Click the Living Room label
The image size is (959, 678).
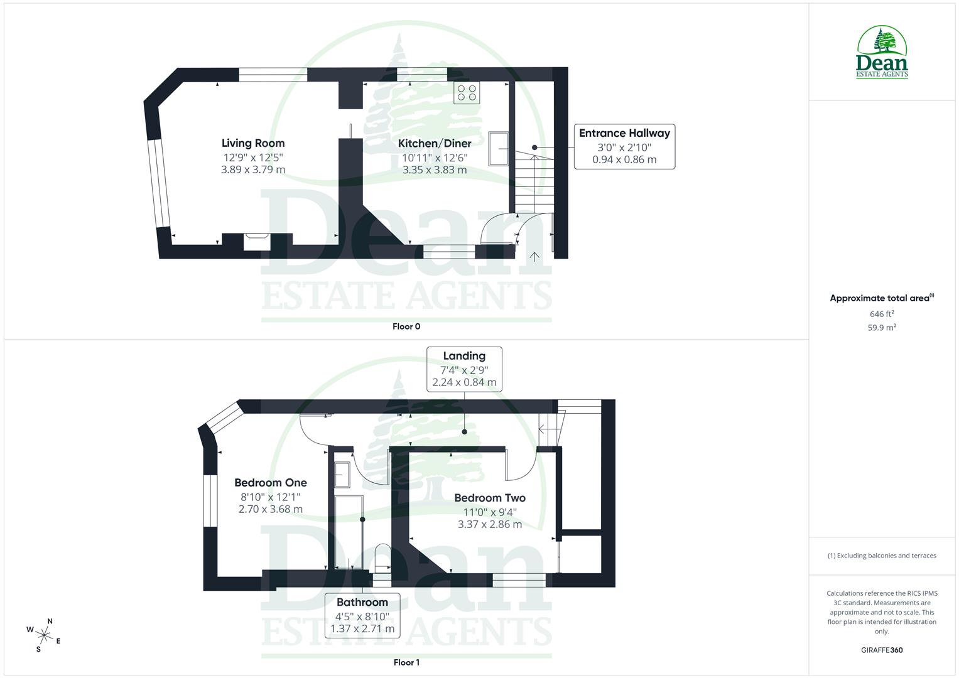click(x=253, y=143)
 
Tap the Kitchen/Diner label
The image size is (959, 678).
click(x=435, y=143)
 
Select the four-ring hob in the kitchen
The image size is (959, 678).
click(x=467, y=93)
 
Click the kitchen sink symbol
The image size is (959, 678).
click(x=499, y=148)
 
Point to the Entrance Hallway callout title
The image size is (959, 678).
click(x=624, y=133)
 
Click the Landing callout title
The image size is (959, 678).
click(x=464, y=356)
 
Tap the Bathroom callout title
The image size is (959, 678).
click(x=362, y=602)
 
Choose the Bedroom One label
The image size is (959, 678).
click(x=271, y=483)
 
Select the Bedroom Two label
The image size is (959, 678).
click(x=490, y=498)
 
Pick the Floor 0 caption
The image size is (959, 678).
click(x=406, y=326)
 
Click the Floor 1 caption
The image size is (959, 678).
click(x=406, y=662)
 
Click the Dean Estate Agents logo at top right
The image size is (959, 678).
click(x=882, y=53)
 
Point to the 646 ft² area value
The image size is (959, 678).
click(x=882, y=314)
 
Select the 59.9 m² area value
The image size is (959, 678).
click(x=882, y=327)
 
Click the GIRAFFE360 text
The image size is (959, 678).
click(x=882, y=650)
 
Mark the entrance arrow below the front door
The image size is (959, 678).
click(x=534, y=256)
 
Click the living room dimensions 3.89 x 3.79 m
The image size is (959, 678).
click(x=253, y=169)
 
